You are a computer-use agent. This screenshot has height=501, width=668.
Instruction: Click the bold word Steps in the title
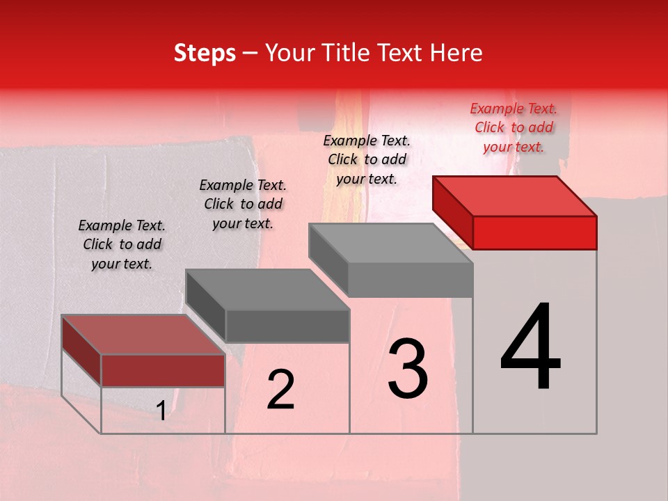[x=205, y=53]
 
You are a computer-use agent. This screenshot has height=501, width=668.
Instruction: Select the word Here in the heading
[x=457, y=53]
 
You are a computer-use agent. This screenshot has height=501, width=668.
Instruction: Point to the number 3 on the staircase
[x=407, y=369]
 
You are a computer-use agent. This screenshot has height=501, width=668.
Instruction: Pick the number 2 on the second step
[x=280, y=390]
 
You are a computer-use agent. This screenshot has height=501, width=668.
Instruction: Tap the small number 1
[x=161, y=411]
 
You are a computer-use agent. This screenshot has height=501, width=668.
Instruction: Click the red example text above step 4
[x=514, y=127]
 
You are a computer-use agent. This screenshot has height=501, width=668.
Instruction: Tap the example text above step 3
[x=367, y=159]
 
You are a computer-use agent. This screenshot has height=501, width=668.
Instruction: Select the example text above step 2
[x=243, y=204]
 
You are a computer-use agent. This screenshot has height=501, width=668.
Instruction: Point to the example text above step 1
[x=122, y=244]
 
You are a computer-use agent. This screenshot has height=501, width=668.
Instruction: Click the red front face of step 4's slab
[x=534, y=232]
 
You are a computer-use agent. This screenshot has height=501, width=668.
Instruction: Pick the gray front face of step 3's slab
[x=410, y=280]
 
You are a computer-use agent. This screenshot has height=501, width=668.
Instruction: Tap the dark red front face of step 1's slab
[x=163, y=370]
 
